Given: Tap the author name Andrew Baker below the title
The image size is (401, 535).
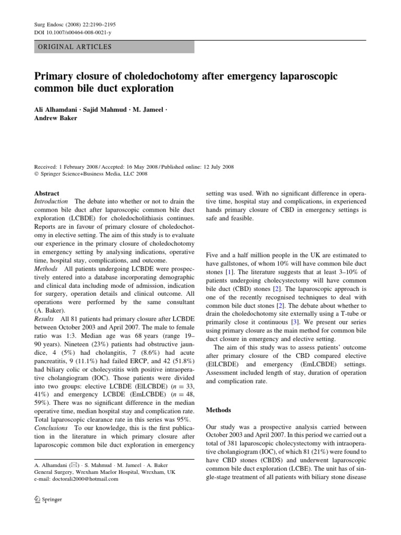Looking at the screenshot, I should coord(56,118).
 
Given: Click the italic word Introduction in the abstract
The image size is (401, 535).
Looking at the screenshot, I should coord(51,202).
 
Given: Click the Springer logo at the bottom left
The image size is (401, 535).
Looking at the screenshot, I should coord(48,499).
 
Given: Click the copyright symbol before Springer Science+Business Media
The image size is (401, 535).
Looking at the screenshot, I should coord(37,174).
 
